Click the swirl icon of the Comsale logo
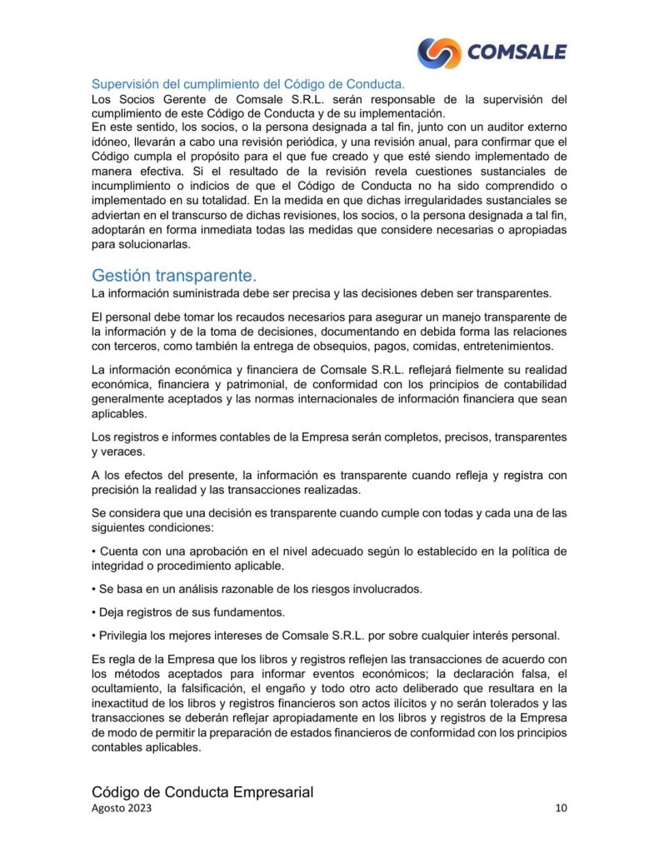point(439,52)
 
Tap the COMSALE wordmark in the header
point(517,52)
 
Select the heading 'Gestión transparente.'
point(174,275)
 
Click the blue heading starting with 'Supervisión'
point(247,84)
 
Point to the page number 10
point(561,809)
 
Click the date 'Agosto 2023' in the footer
point(122,809)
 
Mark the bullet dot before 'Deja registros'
point(94,612)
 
